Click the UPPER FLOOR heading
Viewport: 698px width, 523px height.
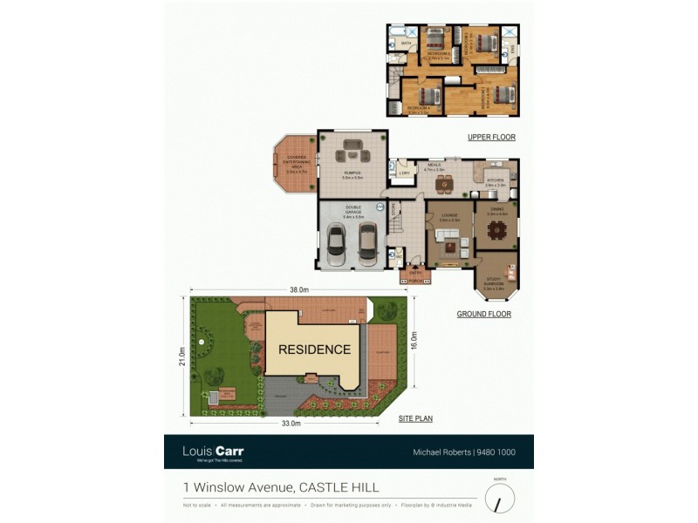click(491, 137)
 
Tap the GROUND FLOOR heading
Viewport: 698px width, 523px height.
click(483, 314)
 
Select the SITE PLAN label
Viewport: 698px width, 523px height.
click(415, 418)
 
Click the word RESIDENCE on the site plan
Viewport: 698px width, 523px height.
click(314, 350)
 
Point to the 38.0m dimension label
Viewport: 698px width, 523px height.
click(298, 289)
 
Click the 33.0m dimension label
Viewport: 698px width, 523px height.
click(291, 424)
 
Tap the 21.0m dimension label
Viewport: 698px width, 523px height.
click(182, 357)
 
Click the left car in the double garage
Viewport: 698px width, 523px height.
click(337, 244)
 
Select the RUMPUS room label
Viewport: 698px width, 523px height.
click(352, 173)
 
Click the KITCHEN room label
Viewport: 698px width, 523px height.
click(496, 180)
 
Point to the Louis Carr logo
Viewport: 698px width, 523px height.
click(213, 452)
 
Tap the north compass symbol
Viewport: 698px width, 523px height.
click(499, 499)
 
